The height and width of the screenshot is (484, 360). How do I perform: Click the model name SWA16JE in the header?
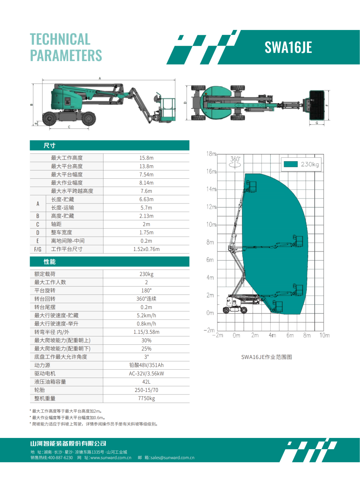click(288, 48)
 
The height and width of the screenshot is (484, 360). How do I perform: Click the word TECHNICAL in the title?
click(60, 39)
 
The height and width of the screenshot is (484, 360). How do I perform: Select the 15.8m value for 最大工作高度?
click(146, 158)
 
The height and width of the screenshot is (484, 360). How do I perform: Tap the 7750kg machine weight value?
click(146, 398)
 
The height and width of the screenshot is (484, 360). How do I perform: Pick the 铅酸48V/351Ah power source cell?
click(146, 365)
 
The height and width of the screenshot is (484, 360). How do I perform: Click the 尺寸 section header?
click(49, 145)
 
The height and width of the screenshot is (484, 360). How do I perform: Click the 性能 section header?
click(49, 261)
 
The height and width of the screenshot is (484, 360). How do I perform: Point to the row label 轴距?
click(56, 224)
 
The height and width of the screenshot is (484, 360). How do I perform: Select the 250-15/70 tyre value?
click(146, 390)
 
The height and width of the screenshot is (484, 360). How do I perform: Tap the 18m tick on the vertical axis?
click(211, 154)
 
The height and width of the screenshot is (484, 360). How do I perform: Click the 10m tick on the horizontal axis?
click(324, 335)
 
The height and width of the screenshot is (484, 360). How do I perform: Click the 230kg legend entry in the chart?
click(301, 164)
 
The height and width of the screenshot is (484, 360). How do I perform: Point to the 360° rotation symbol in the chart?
click(235, 162)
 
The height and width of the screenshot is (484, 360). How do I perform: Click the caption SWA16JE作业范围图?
click(267, 357)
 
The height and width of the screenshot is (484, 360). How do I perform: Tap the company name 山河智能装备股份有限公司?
click(68, 444)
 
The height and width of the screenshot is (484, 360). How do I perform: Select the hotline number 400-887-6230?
click(60, 457)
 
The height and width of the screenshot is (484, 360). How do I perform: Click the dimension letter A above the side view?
click(100, 78)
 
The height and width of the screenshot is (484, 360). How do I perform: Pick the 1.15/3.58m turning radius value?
click(146, 332)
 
